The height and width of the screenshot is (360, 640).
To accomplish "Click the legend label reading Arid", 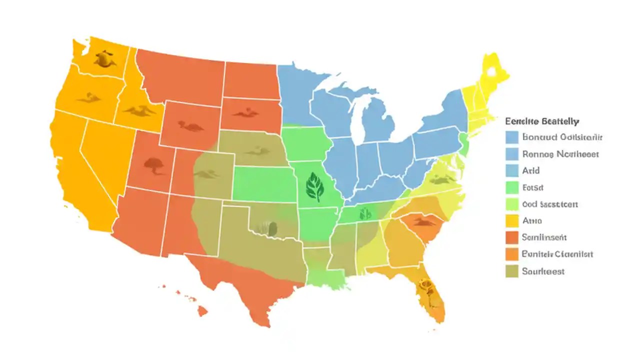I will [530, 170].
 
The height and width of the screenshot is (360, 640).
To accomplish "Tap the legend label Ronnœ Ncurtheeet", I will [560, 154].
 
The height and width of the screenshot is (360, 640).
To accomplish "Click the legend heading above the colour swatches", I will [542, 121].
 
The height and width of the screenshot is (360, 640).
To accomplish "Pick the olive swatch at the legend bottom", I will [511, 271].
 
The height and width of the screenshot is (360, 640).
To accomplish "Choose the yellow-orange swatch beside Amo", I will [511, 220].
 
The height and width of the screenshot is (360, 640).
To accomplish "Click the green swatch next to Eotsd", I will [511, 187].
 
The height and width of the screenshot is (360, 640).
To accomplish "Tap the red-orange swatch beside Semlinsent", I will [511, 237].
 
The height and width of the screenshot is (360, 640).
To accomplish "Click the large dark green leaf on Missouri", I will [314, 186].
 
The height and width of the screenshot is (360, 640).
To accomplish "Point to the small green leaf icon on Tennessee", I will [365, 213].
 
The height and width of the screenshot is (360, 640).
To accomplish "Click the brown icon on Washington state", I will [103, 58].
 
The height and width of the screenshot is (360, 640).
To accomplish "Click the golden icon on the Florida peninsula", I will [426, 286].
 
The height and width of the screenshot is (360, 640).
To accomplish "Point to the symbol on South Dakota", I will [246, 113].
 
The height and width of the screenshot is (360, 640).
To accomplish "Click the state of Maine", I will [493, 72].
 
